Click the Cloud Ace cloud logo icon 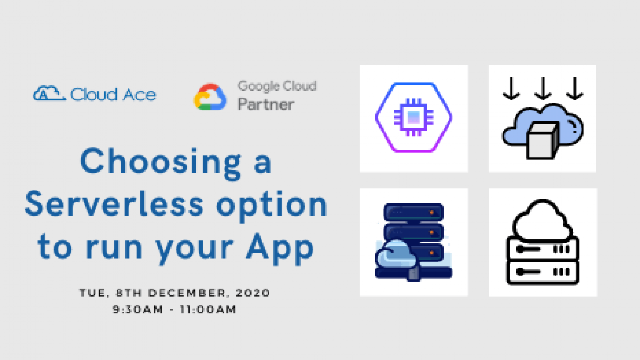tap(50, 94)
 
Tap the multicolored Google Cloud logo tap(211, 97)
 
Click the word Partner tap(266, 104)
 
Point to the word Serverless tap(114, 204)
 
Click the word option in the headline tap(272, 206)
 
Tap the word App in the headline tap(280, 247)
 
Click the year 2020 tap(253, 293)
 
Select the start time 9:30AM tap(138, 309)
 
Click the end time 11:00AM tap(208, 309)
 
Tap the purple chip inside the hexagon tap(414, 117)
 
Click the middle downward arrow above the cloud tap(543, 88)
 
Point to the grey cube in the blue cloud tap(542, 140)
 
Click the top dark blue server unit tap(414, 212)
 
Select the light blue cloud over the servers tap(395, 255)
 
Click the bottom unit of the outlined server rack tap(543, 272)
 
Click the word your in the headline tap(194, 249)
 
